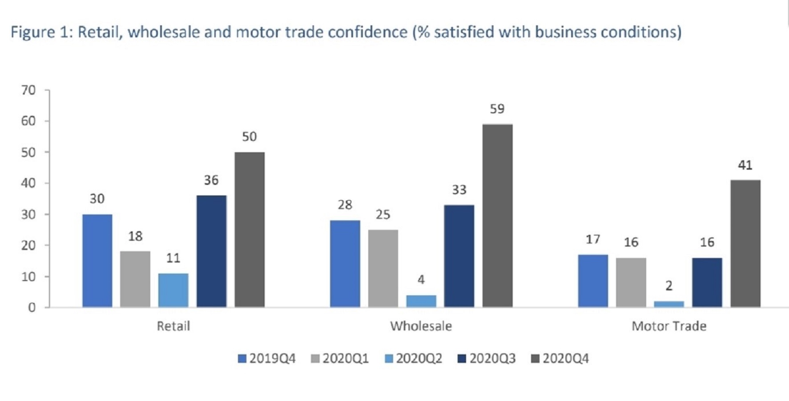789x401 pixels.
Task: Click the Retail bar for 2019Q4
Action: point(97,261)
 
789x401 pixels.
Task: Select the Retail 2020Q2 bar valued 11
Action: point(173,290)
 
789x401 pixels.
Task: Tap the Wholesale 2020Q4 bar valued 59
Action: point(497,215)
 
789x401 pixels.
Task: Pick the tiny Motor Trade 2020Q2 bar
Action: point(668,304)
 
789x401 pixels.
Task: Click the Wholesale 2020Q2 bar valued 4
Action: point(421,301)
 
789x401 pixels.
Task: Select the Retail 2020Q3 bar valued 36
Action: point(211,251)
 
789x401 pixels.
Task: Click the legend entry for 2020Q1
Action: point(340,358)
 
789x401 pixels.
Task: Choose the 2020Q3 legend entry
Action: point(487,358)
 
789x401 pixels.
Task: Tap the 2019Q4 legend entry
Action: point(267,358)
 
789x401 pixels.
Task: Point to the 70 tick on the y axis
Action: point(28,90)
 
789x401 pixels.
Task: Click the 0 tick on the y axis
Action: point(32,307)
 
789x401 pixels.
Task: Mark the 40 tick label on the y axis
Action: point(28,183)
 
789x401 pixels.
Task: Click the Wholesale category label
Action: point(421,326)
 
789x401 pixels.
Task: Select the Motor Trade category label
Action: point(668,326)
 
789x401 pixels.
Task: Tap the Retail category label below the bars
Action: point(173,326)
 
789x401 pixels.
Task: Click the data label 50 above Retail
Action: point(249,136)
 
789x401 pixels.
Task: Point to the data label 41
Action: point(745,165)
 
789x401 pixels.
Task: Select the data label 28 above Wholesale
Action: point(345,205)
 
